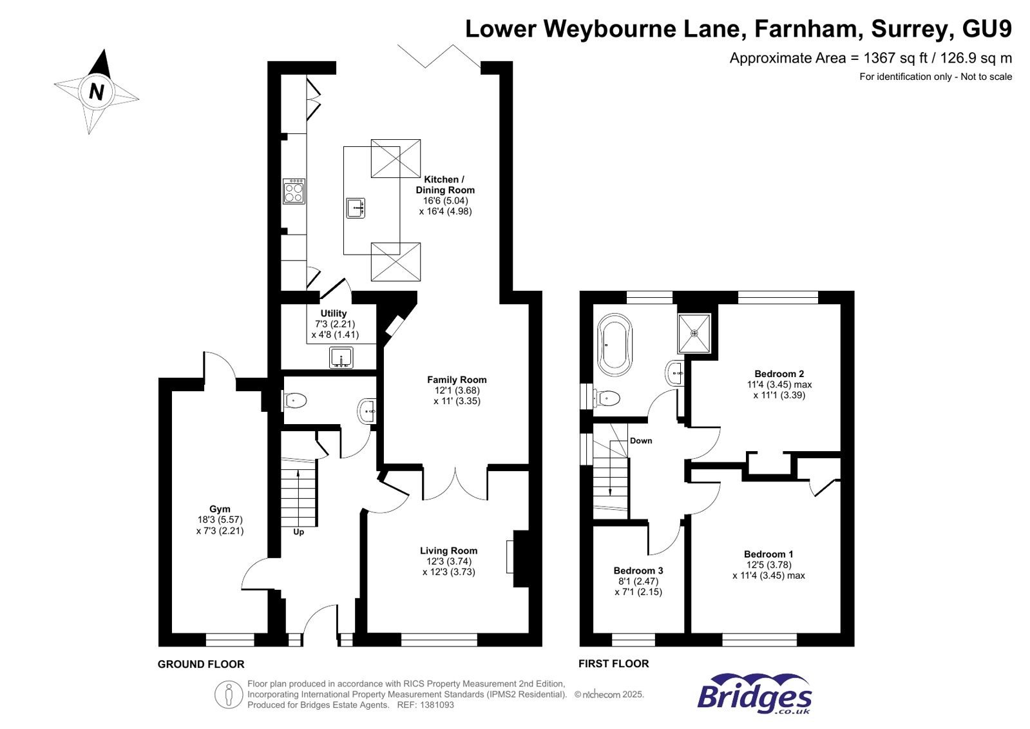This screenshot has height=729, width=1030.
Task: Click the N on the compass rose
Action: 97,92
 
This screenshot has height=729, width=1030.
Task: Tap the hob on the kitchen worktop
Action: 294,191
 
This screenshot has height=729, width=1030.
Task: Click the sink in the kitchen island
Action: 356,208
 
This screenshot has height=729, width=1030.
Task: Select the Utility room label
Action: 334,313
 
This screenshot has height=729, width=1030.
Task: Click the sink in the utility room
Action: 341,357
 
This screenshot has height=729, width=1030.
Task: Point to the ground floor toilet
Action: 294,401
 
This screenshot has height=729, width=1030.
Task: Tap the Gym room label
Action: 220,509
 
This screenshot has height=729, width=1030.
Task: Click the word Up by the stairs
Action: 298,532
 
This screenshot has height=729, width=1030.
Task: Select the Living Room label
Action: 448,550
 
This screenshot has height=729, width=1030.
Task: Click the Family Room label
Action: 457,380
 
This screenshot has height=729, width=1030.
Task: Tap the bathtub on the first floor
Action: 615,345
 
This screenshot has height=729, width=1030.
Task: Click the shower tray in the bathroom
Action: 694,333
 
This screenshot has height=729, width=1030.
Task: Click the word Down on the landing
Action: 641,441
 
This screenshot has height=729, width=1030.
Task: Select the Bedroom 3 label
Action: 638,570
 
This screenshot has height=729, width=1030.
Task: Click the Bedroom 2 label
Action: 779,374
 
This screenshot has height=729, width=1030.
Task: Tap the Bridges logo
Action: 754,694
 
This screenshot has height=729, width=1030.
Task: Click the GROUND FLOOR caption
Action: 201,664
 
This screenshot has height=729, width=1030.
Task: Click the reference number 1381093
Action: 435,705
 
